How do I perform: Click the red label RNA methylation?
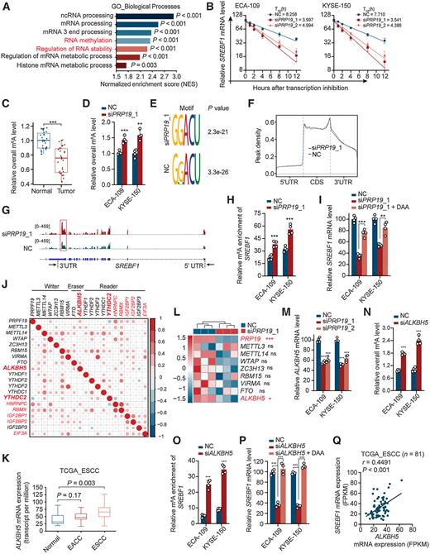(79, 47)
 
